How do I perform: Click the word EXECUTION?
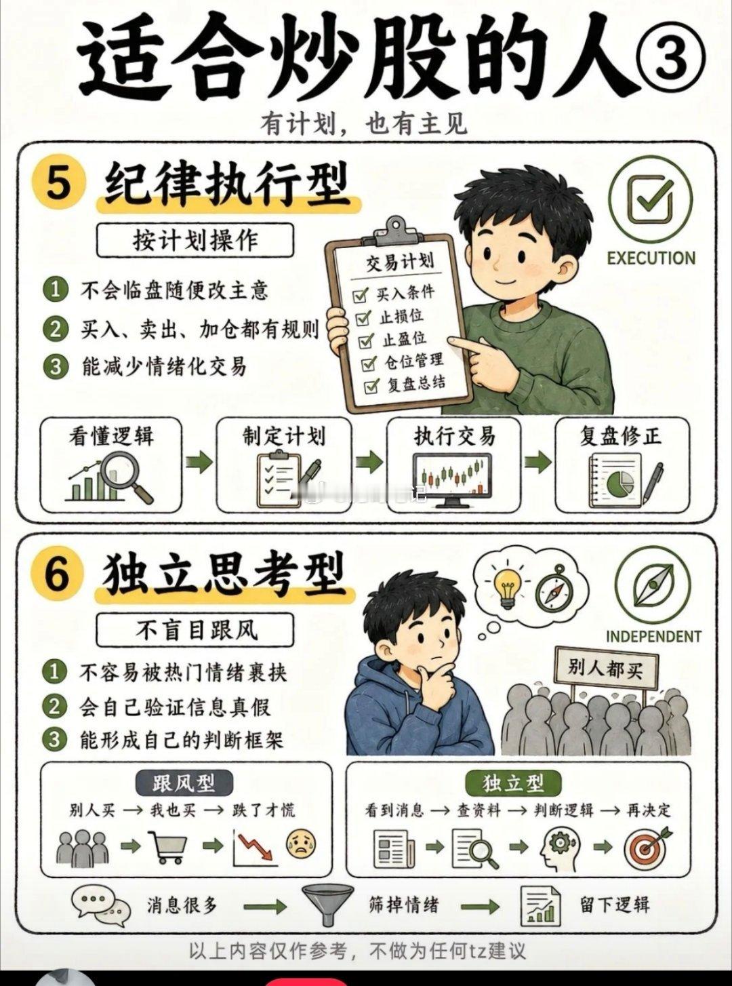[651, 258]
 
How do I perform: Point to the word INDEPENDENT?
[653, 637]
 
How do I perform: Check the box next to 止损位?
[363, 319]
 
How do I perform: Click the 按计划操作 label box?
[195, 240]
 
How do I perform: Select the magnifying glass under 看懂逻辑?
[128, 479]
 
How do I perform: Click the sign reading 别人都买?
[605, 668]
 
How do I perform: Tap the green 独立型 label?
[513, 783]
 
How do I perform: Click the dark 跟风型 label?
[184, 783]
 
